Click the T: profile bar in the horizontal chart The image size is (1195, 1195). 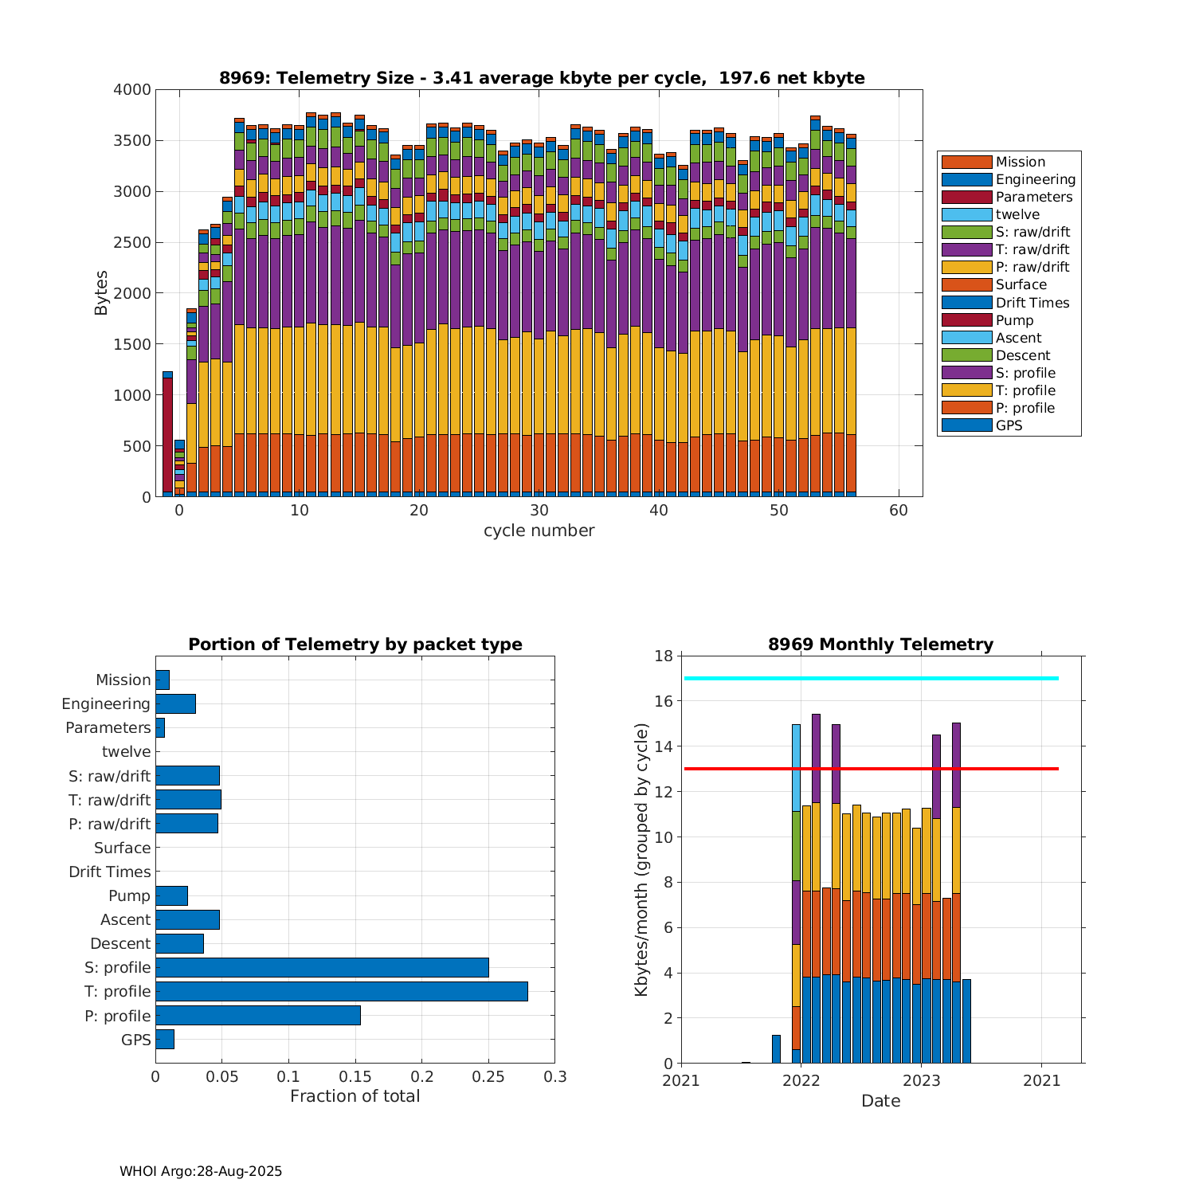coord(341,991)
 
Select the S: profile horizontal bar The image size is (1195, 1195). coord(322,967)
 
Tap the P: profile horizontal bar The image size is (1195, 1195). coord(258,1015)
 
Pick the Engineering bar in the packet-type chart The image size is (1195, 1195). coord(175,703)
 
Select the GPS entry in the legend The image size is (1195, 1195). coord(1009,425)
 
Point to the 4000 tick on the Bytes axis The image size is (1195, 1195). coord(131,90)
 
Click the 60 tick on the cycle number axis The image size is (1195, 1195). coord(899,511)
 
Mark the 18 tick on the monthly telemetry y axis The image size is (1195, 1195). coord(663,656)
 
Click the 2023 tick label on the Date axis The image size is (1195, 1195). coord(922,1080)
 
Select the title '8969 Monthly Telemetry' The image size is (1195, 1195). coord(880,645)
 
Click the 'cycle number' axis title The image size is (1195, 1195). coord(539,531)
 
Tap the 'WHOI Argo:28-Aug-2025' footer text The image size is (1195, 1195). coord(201,1171)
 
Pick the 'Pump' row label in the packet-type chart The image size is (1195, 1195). coord(129,895)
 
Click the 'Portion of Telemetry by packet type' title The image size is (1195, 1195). coord(355,645)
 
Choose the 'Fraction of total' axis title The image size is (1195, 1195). coord(355,1096)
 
